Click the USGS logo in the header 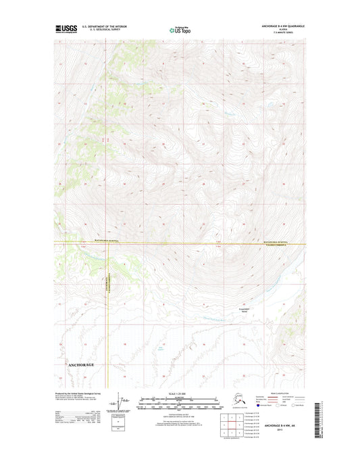(x=66, y=29)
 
